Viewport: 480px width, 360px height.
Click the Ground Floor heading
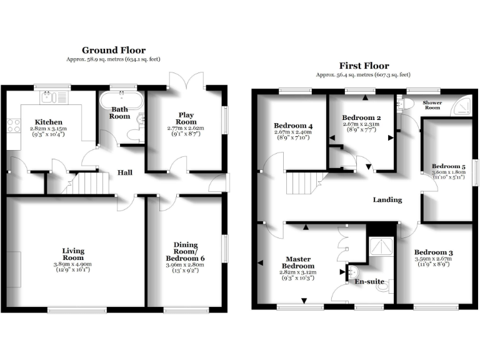tap(114, 50)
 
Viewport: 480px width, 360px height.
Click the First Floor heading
tap(364, 66)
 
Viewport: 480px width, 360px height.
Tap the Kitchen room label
tap(48, 122)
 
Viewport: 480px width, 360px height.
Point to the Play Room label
tap(186, 118)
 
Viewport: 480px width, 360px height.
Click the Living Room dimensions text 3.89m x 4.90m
tap(73, 264)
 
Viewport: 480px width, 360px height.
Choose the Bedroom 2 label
tap(361, 117)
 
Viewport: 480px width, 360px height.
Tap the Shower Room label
tap(432, 104)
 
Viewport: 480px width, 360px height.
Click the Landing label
tap(387, 200)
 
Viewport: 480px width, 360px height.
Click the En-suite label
tap(369, 282)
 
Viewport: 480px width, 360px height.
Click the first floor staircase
tap(302, 184)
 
